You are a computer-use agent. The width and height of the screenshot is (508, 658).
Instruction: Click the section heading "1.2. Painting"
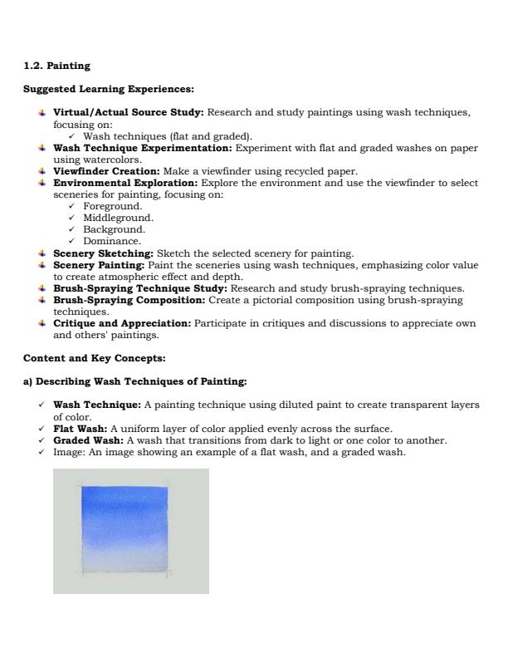(x=56, y=66)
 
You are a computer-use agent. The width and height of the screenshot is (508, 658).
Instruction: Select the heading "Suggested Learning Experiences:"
(x=108, y=89)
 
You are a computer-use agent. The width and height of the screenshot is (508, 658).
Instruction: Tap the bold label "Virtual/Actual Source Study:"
(x=128, y=112)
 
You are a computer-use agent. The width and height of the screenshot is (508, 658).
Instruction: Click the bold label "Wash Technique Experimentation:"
(x=143, y=148)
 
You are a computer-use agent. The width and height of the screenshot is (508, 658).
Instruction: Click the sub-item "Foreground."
(x=112, y=206)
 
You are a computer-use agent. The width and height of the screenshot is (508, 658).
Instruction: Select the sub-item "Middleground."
(x=118, y=218)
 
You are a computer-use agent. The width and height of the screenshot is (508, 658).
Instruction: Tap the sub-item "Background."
(x=114, y=229)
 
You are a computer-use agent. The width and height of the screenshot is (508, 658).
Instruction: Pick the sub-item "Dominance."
(x=112, y=241)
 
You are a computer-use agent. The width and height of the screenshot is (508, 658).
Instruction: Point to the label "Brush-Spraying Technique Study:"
(x=139, y=288)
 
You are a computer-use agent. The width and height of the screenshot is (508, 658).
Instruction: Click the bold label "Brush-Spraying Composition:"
(x=129, y=300)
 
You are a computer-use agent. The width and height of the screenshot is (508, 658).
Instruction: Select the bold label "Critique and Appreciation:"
(x=122, y=324)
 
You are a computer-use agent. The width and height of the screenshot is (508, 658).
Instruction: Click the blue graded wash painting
(x=130, y=531)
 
